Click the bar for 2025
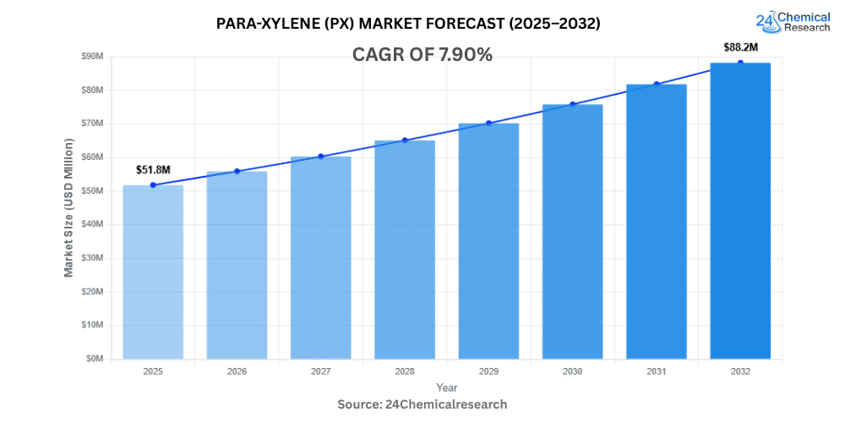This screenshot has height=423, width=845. pos(153,272)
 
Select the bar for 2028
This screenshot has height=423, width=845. pos(405,250)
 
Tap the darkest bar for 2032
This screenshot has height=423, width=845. pos(740,211)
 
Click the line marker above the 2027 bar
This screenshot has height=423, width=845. pos(321,157)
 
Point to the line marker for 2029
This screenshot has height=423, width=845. pos(488,123)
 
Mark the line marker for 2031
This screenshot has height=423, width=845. pos(657,84)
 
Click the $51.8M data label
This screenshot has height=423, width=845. pos(153,170)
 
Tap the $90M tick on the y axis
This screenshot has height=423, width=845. pos(91,56)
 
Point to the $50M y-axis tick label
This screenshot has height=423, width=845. pos(91,190)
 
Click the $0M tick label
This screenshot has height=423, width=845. pos(94,359)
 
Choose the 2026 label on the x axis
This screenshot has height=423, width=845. pos(237,371)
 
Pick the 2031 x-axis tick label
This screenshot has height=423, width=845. pos(657,371)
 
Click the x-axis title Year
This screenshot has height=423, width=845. pos(447,387)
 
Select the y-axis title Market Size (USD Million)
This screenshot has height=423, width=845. pos(68,207)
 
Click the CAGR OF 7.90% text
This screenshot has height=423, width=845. pos(422,55)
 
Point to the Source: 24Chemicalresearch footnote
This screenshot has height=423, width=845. pos(422,404)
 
